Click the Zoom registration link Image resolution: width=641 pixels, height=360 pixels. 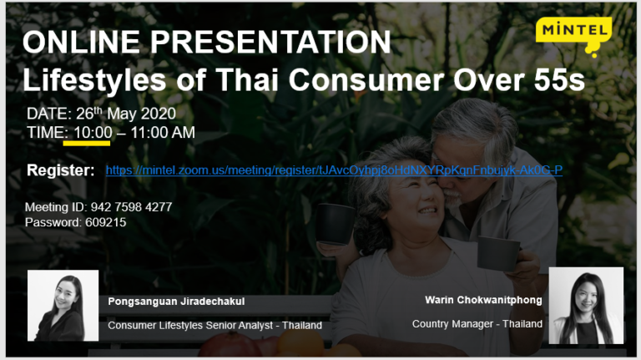[334, 170]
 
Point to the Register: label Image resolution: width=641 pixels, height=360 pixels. [61, 170]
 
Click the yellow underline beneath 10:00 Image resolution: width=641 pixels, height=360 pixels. [87, 142]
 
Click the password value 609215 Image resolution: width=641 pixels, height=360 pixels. [106, 222]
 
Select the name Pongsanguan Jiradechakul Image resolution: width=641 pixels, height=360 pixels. [175, 302]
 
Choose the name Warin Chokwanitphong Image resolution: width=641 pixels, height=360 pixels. [483, 299]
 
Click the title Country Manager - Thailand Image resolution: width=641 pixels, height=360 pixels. [477, 323]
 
